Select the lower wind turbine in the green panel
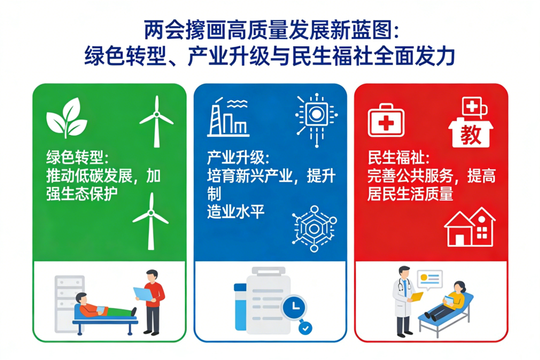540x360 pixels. tap(151, 220)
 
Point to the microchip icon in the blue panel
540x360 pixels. tap(316, 116)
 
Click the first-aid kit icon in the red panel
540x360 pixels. tap(386, 119)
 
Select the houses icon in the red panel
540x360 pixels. tap(469, 226)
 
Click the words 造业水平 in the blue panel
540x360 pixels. tap(236, 211)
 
